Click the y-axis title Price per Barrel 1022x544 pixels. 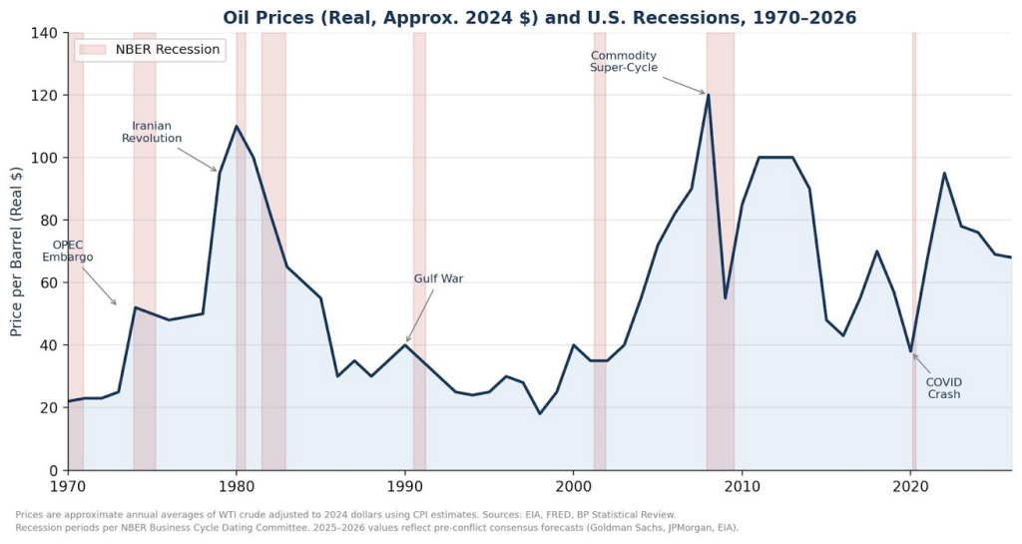click(x=17, y=252)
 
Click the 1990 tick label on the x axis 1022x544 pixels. click(x=404, y=487)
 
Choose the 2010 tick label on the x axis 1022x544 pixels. click(x=742, y=487)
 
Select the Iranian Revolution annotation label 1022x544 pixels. click(x=152, y=132)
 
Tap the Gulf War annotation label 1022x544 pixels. click(x=438, y=278)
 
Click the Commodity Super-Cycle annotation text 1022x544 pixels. click(x=624, y=61)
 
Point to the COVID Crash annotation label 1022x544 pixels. click(x=944, y=388)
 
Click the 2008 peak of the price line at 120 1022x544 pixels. click(x=708, y=95)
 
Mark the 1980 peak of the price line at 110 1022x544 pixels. click(x=237, y=127)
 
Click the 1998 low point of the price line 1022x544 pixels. click(x=540, y=413)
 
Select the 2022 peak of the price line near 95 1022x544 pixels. click(x=944, y=174)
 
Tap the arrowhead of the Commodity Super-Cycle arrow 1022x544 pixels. click(x=705, y=94)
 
